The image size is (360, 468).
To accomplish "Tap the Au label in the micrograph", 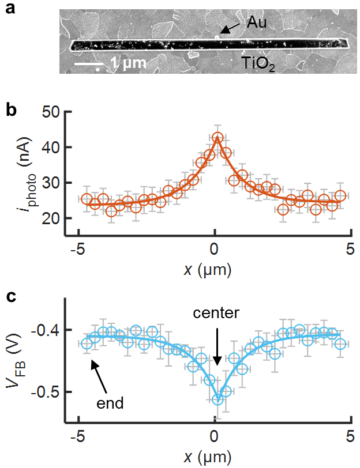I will pyautogui.click(x=258, y=23).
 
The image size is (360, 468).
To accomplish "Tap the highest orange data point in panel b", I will pyautogui.click(x=217, y=138).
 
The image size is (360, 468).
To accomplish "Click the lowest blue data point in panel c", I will pyautogui.click(x=217, y=400).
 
